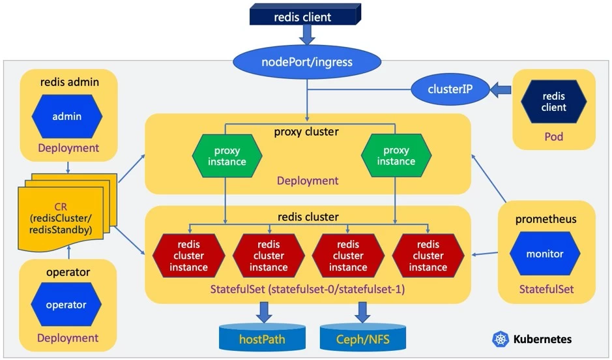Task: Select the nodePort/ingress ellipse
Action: tap(307, 63)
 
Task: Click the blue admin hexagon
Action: tap(67, 117)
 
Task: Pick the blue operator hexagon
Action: tap(66, 305)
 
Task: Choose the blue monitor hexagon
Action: tap(544, 254)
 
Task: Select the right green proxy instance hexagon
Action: tap(396, 157)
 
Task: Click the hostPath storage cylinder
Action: tap(262, 337)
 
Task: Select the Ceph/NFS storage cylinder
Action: tap(363, 337)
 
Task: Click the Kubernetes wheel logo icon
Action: tap(501, 339)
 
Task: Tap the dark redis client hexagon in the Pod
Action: tap(553, 102)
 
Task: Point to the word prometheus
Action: tap(546, 219)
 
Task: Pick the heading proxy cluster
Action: tap(306, 131)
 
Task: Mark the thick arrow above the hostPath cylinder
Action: tap(263, 311)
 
